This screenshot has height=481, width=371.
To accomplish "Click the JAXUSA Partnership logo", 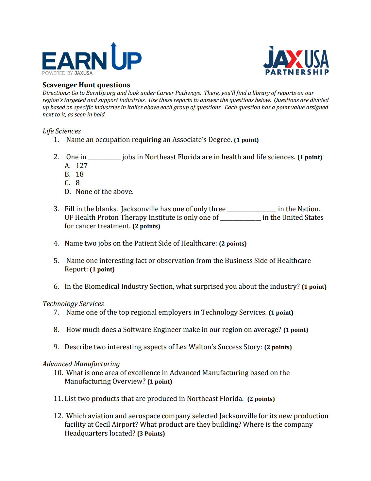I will (x=296, y=61).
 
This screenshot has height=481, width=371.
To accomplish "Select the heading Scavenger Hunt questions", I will (x=86, y=85).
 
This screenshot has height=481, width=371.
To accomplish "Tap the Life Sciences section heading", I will (x=61, y=131).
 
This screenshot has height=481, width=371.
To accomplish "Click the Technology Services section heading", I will (x=73, y=304).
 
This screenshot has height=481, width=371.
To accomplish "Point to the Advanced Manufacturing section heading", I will (x=81, y=364).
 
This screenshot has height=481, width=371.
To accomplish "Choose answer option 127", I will (x=81, y=166).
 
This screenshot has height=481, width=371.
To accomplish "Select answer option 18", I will (x=80, y=174).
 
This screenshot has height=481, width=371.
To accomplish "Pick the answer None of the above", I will (x=105, y=192).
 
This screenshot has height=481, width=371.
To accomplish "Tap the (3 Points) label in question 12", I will (x=151, y=434).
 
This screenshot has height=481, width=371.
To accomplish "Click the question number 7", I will (x=57, y=312).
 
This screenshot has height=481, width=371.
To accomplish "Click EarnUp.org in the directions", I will (x=101, y=93).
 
